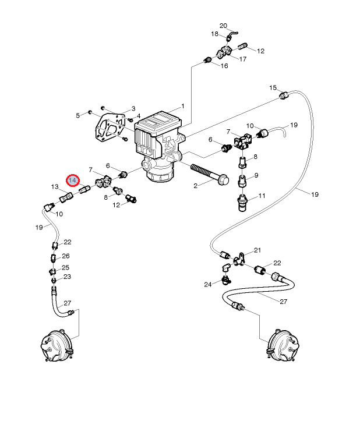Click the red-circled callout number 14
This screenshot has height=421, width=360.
pos(72,181)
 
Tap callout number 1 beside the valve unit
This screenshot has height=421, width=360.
pos(182,107)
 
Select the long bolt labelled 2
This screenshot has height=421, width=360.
pos(213,174)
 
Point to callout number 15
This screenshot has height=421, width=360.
pos(273,88)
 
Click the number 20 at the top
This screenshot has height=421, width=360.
pos(223,26)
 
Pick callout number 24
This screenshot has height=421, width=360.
pos(207,284)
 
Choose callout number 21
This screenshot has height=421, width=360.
pos(257,250)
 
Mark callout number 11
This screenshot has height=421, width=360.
pos(262,196)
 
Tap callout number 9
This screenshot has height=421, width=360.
pos(256,176)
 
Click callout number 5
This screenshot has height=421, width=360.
pos(77,115)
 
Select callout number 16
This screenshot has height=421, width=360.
pos(224,66)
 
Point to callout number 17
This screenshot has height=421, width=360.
pos(243,59)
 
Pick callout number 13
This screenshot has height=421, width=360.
pos(55,187)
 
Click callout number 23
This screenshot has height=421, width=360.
pos(67,277)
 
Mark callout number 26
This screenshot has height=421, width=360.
pos(66,256)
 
